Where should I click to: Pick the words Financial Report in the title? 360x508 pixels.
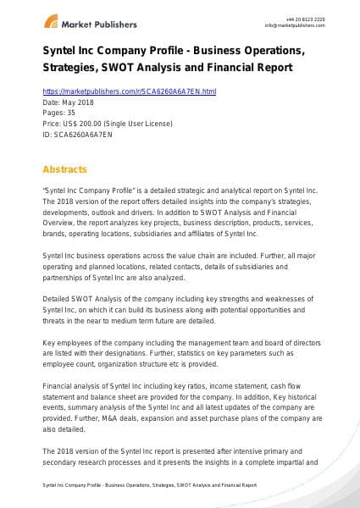tap(262, 68)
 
